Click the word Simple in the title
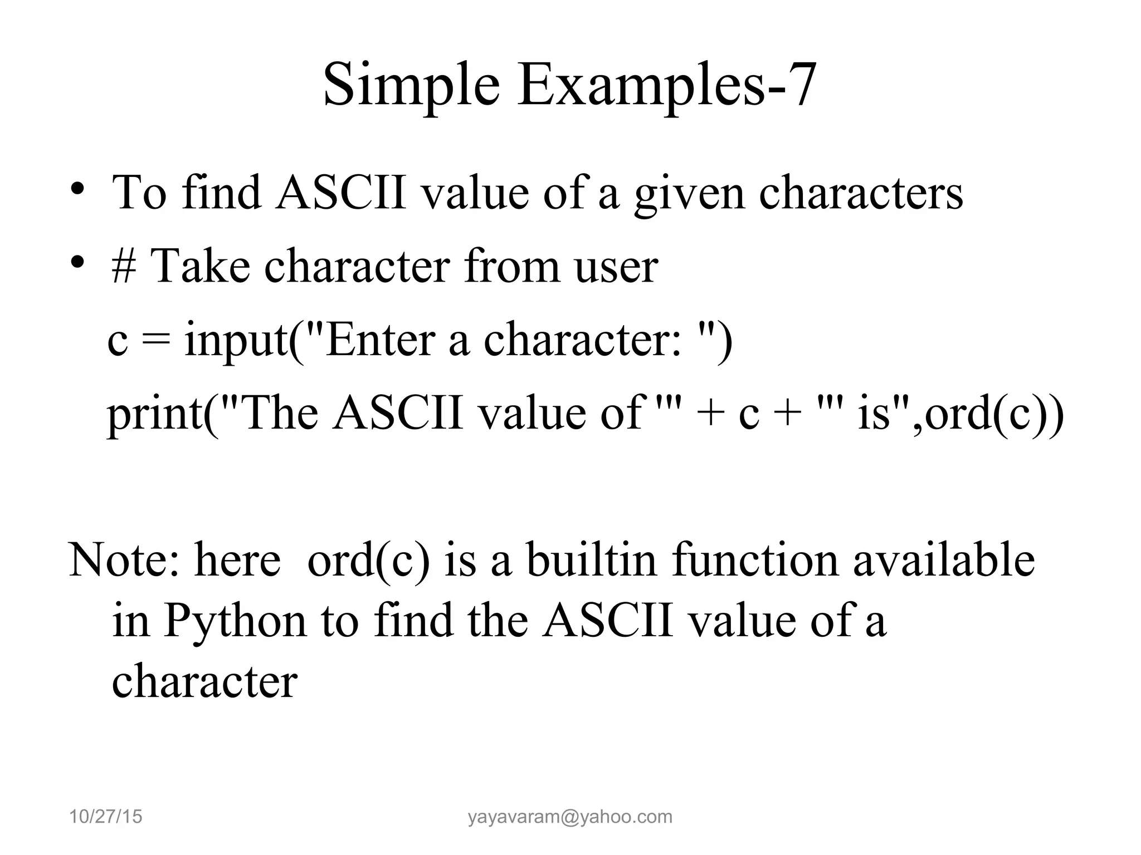pos(411,85)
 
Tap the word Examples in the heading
pos(641,85)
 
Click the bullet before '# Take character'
pos(77,261)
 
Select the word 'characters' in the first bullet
pos(861,193)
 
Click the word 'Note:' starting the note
pos(123,560)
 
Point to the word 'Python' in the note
pos(235,621)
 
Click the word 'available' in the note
pos(944,560)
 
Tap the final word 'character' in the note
pos(204,682)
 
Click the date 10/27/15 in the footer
pos(106,817)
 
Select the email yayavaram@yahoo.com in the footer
pos(570,817)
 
